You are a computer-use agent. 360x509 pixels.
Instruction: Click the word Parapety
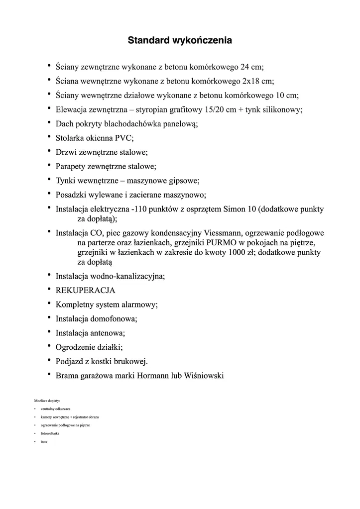point(71,167)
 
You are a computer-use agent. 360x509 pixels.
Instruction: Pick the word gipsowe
point(184,181)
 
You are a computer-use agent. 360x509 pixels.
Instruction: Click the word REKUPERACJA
point(86,290)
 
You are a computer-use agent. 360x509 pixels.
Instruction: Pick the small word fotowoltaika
point(50,434)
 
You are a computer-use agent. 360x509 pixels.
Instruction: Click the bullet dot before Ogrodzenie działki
point(49,346)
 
